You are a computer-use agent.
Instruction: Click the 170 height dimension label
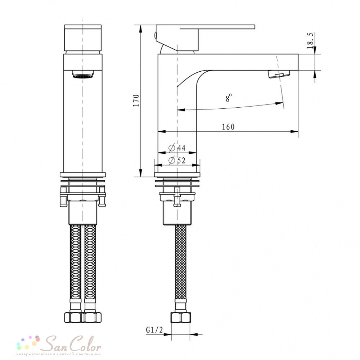[x=136, y=100]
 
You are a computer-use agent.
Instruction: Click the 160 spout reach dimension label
[x=228, y=127]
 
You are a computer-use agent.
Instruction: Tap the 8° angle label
[x=229, y=98]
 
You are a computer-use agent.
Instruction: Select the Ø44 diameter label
[x=177, y=148]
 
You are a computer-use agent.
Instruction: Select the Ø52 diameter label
[x=177, y=160]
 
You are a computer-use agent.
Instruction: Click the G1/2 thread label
[x=154, y=330]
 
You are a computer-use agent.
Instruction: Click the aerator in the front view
[x=82, y=74]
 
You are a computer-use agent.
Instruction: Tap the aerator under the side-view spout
[x=279, y=74]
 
